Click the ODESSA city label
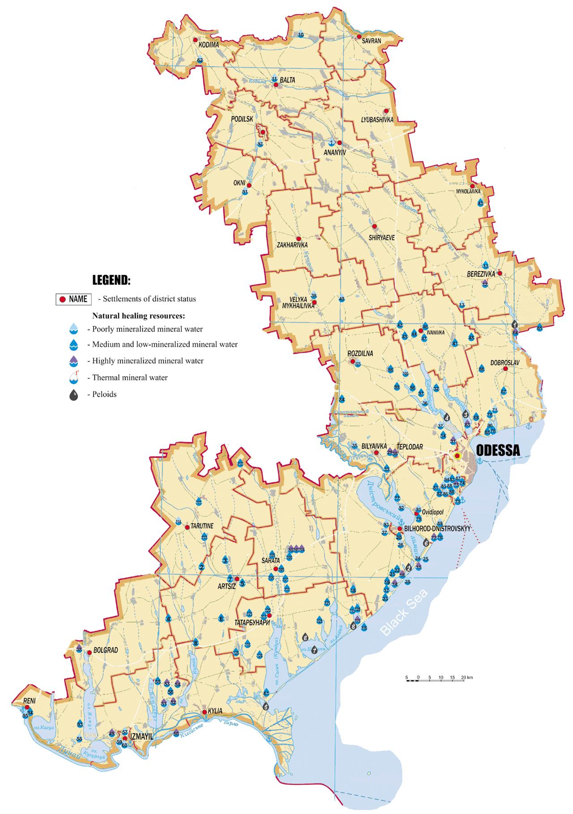click(x=498, y=450)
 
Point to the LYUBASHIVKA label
click(x=377, y=119)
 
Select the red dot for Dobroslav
click(x=505, y=369)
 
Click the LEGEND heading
click(x=111, y=280)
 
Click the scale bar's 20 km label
click(x=466, y=678)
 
